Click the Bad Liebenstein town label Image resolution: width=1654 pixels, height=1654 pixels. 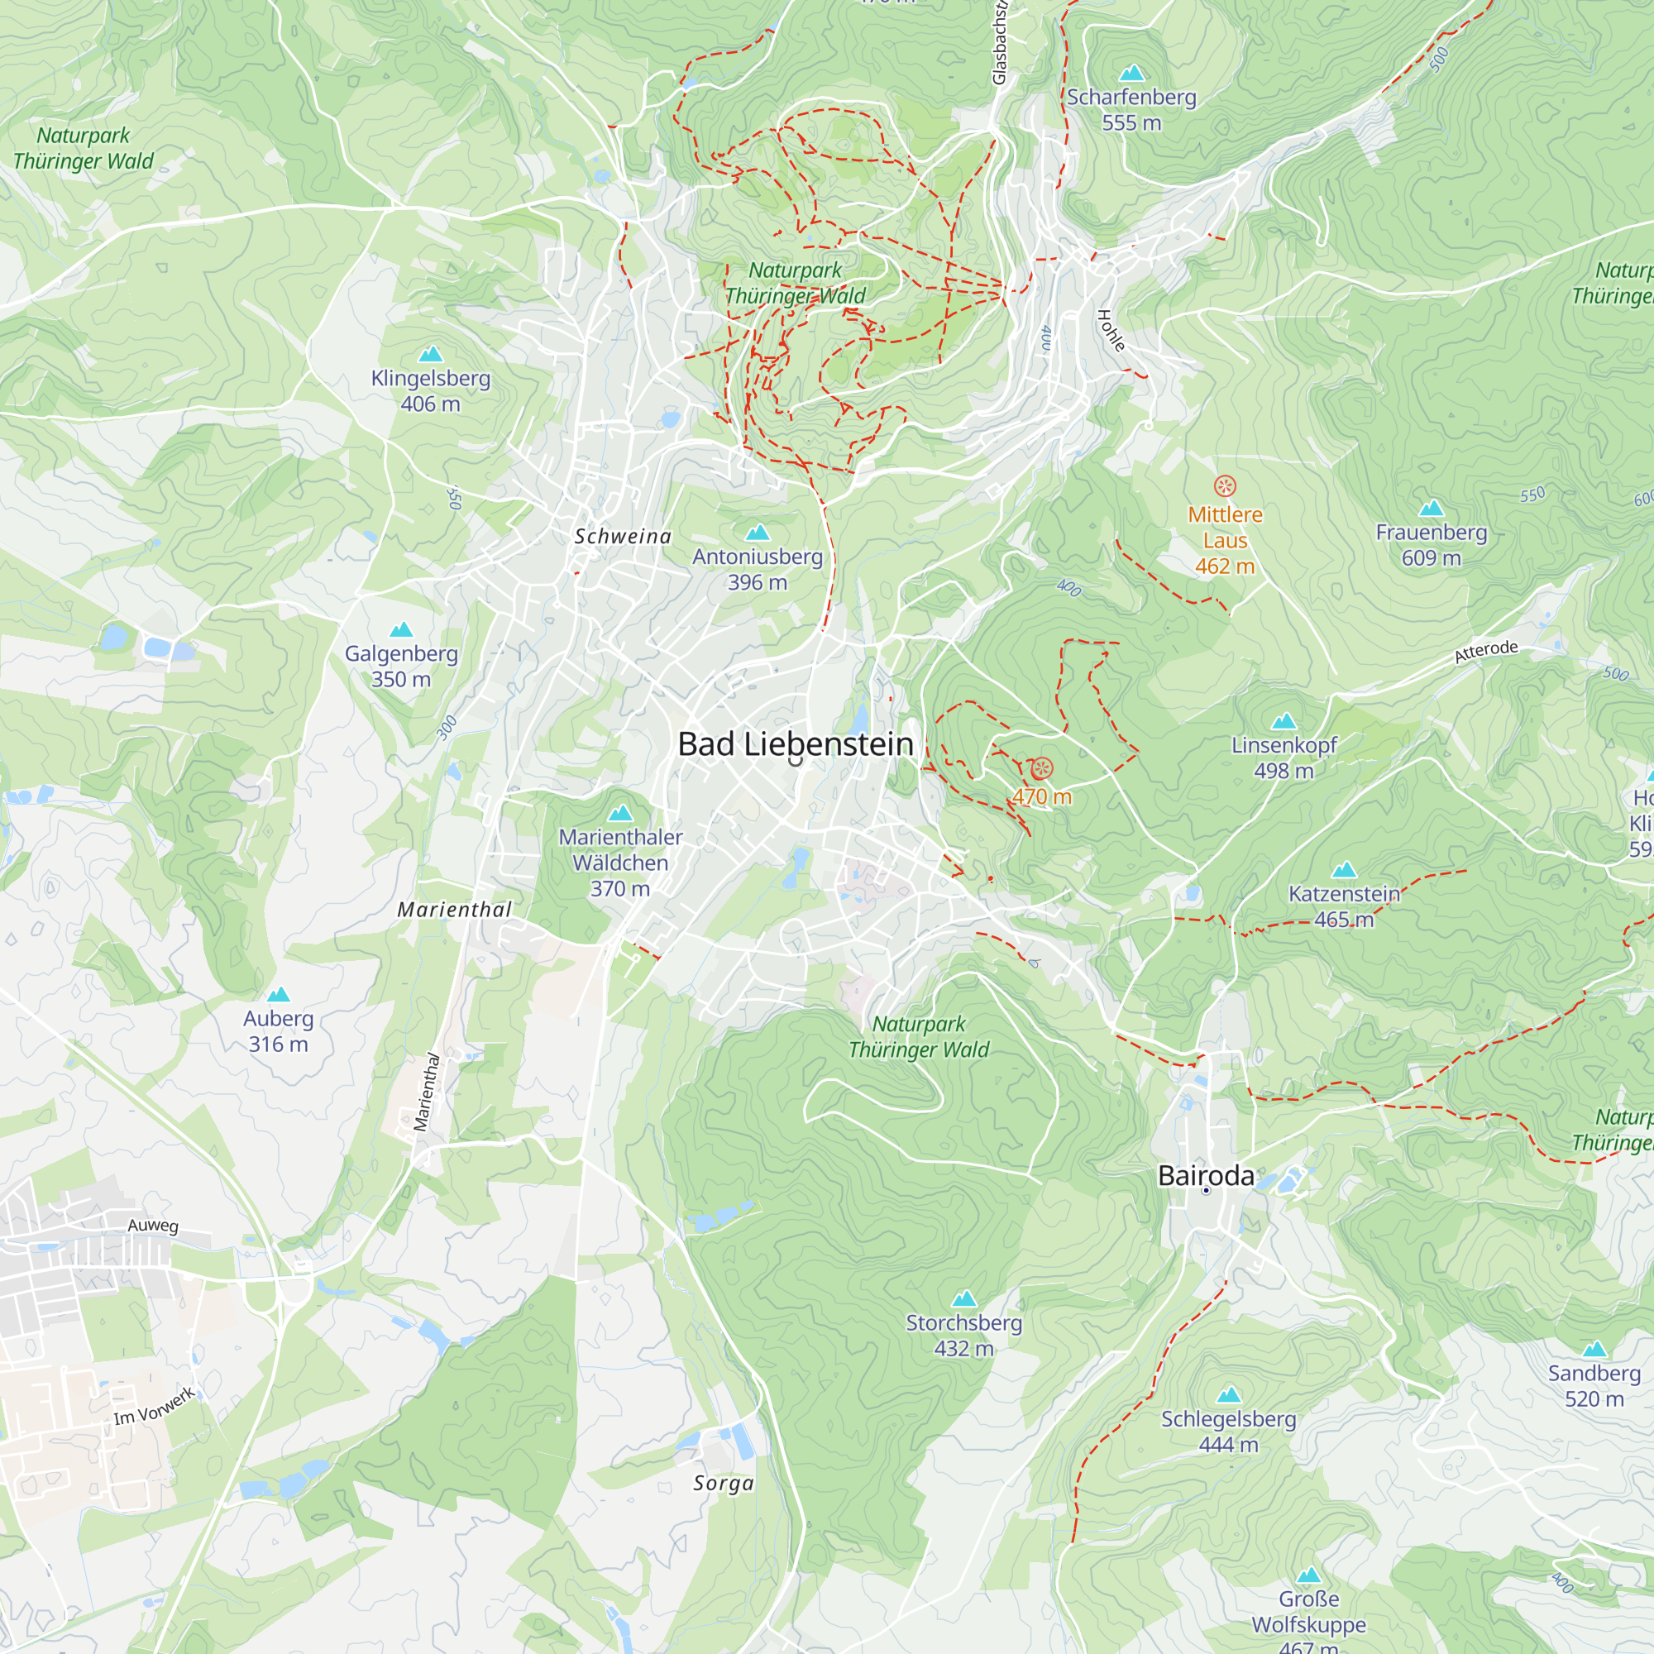[796, 744]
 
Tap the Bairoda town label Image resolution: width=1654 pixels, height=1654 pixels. [1206, 1175]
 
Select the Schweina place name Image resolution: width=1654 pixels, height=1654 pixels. [623, 537]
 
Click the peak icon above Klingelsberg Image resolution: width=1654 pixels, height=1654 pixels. [430, 354]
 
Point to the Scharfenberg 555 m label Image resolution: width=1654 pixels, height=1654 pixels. [1131, 110]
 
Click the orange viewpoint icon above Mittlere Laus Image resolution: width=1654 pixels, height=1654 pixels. [1225, 486]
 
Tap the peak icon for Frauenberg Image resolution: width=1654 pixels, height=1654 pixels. [1432, 509]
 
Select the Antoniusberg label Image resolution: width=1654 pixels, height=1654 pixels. [757, 557]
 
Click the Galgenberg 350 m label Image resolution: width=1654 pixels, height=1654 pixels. [400, 666]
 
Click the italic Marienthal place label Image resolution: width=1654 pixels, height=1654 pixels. [454, 910]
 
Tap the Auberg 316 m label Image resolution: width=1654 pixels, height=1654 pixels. [278, 1030]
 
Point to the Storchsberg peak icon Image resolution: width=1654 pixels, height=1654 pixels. [964, 1298]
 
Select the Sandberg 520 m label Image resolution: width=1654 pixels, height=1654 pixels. [1594, 1385]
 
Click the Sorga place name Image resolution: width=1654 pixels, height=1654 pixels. [724, 1484]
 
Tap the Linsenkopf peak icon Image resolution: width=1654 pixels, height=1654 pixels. [1284, 721]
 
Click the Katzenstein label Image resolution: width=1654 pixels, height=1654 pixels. [1343, 894]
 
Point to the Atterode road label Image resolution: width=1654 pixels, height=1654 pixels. [1485, 652]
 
